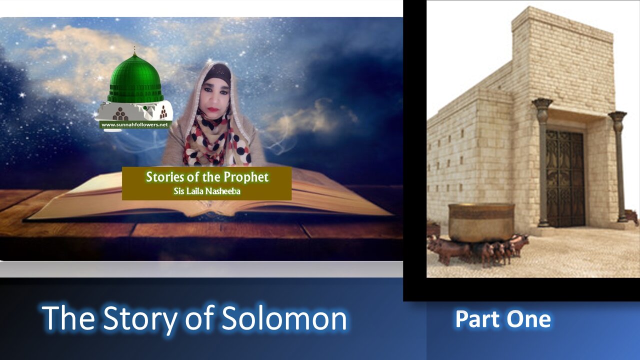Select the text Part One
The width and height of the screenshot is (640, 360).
click(503, 319)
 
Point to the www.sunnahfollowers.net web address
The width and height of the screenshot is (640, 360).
click(135, 124)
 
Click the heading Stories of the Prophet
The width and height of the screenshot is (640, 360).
click(207, 177)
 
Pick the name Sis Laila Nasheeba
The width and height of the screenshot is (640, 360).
click(207, 191)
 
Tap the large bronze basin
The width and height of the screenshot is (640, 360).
click(481, 222)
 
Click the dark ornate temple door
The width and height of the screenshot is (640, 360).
click(565, 177)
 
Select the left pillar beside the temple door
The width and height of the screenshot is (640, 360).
click(542, 160)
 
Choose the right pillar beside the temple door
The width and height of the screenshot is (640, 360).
click(619, 165)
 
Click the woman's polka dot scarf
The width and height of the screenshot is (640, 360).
click(216, 142)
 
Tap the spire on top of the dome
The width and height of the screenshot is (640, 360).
click(134, 52)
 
